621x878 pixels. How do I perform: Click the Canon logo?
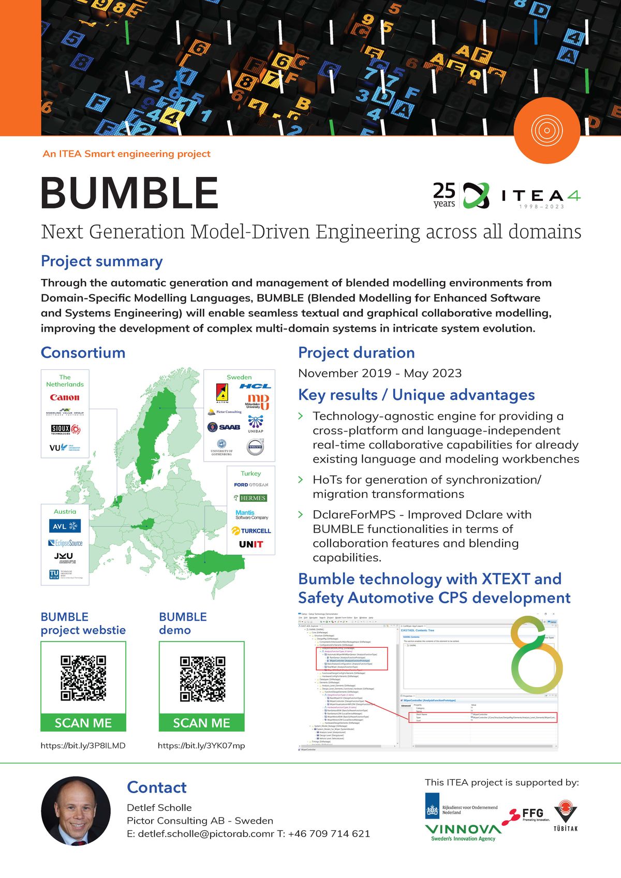[x=65, y=397]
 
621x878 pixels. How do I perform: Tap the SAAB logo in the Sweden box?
[x=224, y=427]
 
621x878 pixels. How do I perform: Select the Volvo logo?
[x=255, y=447]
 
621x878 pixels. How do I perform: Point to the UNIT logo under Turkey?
[x=251, y=544]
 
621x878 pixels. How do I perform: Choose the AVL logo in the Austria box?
[x=65, y=526]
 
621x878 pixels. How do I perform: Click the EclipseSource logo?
[x=65, y=543]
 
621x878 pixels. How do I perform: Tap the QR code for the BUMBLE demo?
[x=202, y=678]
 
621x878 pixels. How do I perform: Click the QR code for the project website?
[x=83, y=678]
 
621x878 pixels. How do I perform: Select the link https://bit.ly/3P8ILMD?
[x=83, y=746]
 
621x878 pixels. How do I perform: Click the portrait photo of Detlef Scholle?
[x=76, y=811]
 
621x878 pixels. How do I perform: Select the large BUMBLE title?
[x=129, y=193]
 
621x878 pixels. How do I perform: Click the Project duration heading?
[x=357, y=353]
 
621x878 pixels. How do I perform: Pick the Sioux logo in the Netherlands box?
[x=65, y=429]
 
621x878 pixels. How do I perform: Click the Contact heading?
[x=157, y=787]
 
